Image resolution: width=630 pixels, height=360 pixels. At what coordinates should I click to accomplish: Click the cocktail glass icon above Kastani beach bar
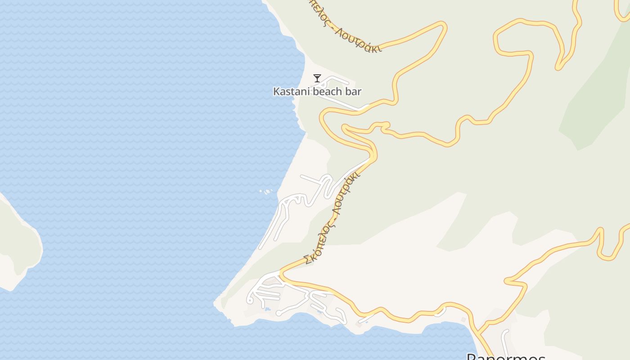pos(317,78)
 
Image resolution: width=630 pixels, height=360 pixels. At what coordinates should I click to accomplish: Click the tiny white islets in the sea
pos(266,192)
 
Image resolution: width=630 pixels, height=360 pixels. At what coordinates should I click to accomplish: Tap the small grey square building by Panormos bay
pos(463,319)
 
